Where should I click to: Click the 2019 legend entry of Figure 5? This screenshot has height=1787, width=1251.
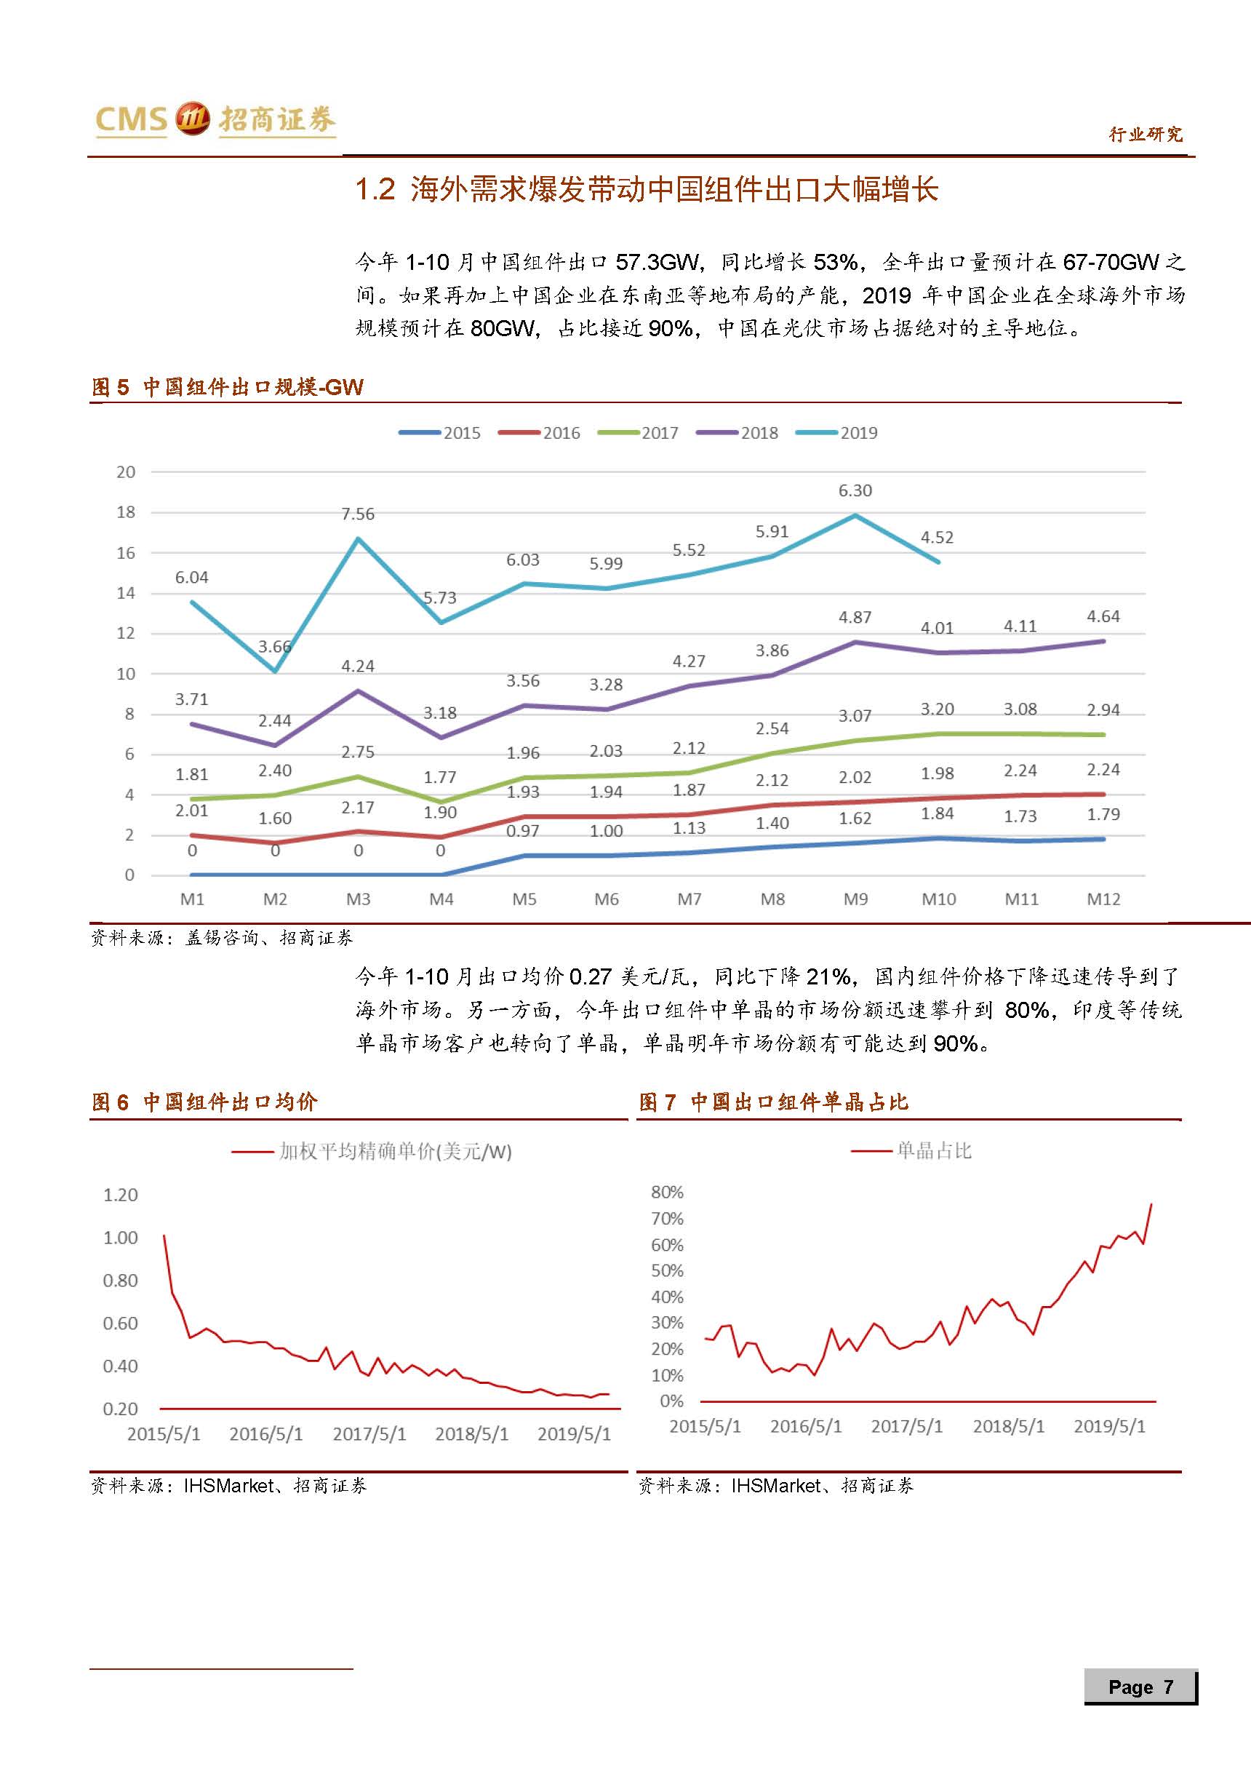(x=858, y=433)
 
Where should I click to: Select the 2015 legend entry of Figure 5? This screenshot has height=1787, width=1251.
(x=461, y=433)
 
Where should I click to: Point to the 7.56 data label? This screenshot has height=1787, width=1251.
(x=358, y=514)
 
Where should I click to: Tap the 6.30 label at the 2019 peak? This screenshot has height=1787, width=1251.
(x=855, y=490)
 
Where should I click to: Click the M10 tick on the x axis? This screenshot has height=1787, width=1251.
(x=938, y=899)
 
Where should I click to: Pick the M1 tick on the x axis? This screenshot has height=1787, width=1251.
(x=192, y=899)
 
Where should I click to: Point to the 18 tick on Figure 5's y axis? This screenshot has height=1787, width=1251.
(x=126, y=512)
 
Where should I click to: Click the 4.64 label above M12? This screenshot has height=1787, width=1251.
(x=1103, y=616)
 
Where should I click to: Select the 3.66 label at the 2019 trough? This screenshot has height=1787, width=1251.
(x=275, y=646)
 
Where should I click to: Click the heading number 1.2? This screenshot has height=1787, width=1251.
(x=376, y=189)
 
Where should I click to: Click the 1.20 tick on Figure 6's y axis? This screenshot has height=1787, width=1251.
(x=121, y=1195)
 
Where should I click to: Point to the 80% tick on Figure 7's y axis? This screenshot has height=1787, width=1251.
(x=668, y=1192)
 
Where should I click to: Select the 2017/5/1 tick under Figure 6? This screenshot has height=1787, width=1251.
(x=369, y=1433)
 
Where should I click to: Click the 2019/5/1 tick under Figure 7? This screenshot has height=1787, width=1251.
(x=1109, y=1426)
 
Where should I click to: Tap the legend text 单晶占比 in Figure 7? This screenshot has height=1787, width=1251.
(x=934, y=1151)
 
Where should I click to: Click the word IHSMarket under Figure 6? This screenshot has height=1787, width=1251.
(x=228, y=1486)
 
